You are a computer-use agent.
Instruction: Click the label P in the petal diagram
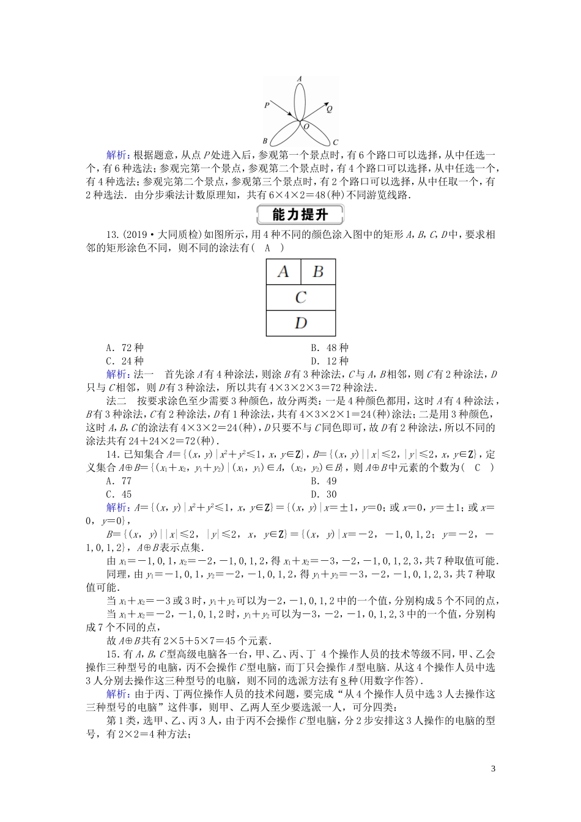267,105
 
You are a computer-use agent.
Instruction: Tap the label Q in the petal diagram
329,109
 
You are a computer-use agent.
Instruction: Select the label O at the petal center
306,126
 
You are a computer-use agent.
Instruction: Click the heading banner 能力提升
300,215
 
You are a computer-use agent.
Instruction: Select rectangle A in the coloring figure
283,272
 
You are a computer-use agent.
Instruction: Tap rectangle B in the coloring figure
317,272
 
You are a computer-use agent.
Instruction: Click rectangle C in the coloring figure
300,298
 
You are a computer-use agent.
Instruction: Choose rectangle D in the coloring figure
300,323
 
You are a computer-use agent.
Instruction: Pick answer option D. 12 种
329,361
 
